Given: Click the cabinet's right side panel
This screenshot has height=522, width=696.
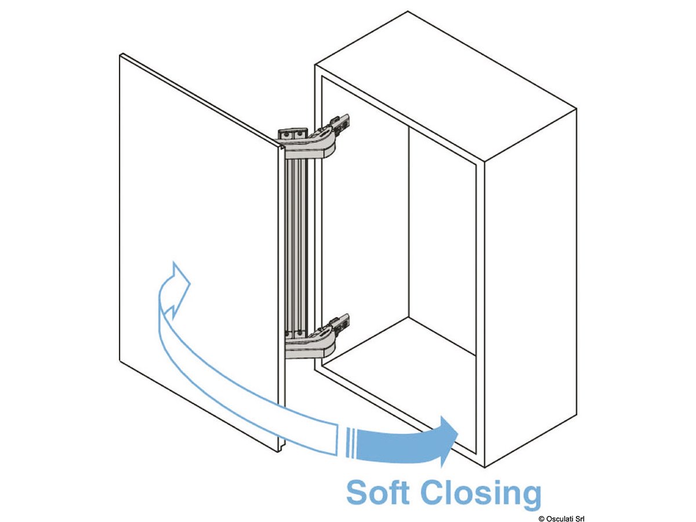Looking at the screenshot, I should (x=528, y=290).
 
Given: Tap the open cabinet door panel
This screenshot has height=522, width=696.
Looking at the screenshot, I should (x=197, y=232).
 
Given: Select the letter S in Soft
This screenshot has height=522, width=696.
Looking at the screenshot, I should (x=358, y=494).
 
